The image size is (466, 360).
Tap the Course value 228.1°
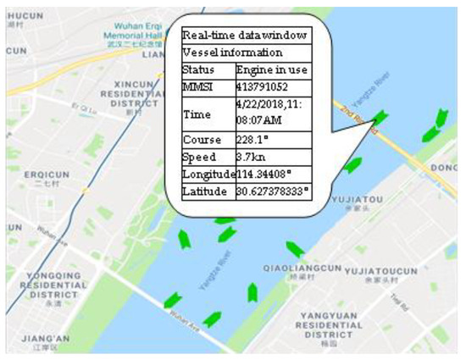(x=253, y=139)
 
